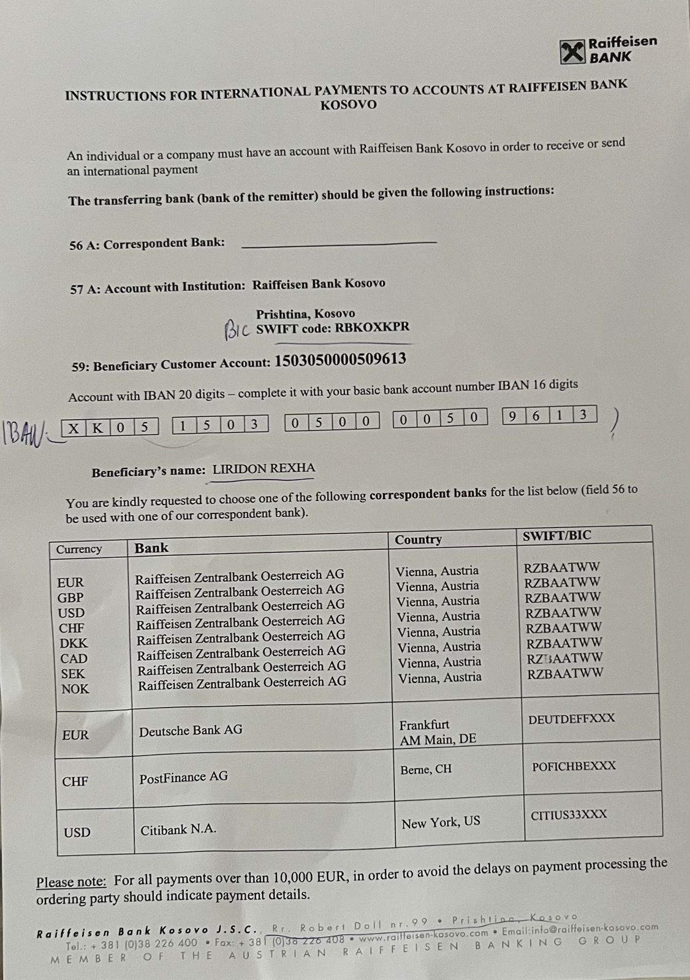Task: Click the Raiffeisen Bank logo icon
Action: coord(572,52)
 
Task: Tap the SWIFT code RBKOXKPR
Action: coord(371,328)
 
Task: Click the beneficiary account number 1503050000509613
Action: coord(340,360)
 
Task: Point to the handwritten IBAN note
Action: coord(24,433)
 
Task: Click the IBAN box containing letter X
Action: coord(74,428)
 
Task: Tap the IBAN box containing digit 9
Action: coord(513,416)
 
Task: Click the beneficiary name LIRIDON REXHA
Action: coord(263,469)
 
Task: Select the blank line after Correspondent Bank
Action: coord(339,244)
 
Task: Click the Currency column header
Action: coord(79,549)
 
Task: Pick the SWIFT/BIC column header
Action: coord(556,535)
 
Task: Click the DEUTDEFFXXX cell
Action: coord(571,718)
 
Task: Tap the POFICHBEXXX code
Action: coord(574,766)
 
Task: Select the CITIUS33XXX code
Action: coord(569,814)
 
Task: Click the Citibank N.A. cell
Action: coord(178,829)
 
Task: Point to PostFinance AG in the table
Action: coord(183,777)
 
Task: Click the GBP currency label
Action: coord(70,597)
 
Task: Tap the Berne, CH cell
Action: coord(426,769)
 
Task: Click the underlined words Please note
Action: coord(71,882)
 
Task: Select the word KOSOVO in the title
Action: coord(348,104)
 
